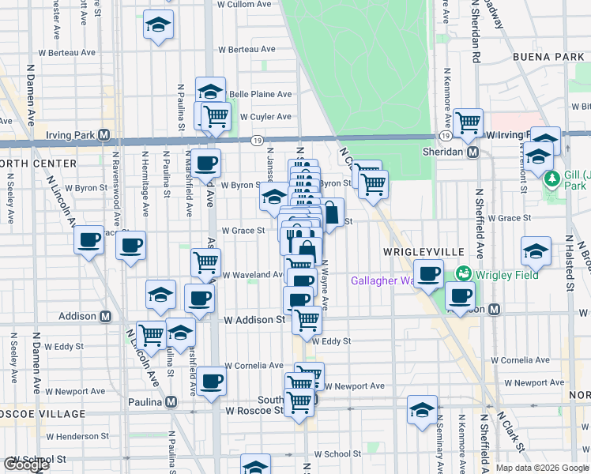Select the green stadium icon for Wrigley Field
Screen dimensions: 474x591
pyautogui.click(x=463, y=275)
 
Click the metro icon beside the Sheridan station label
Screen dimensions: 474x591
pyautogui.click(x=472, y=152)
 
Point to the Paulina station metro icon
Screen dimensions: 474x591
pyautogui.click(x=171, y=401)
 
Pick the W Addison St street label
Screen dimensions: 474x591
pyautogui.click(x=254, y=321)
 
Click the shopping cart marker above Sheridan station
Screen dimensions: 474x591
pyautogui.click(x=468, y=122)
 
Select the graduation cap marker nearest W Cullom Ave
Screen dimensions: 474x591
pyautogui.click(x=158, y=24)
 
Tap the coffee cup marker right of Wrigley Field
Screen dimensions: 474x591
pyautogui.click(x=460, y=295)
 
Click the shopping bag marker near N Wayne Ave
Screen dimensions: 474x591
pyautogui.click(x=331, y=212)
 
